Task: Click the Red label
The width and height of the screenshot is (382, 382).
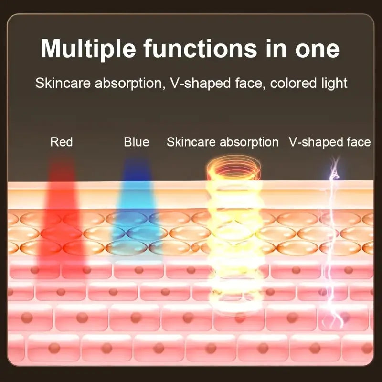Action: pyautogui.click(x=62, y=142)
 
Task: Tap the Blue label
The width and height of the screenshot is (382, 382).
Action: pyautogui.click(x=136, y=142)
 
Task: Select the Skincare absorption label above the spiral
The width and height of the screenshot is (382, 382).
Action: pyautogui.click(x=223, y=142)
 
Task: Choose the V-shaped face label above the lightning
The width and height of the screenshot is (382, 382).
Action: pyautogui.click(x=329, y=142)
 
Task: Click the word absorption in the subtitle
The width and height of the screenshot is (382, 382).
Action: pyautogui.click(x=126, y=83)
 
